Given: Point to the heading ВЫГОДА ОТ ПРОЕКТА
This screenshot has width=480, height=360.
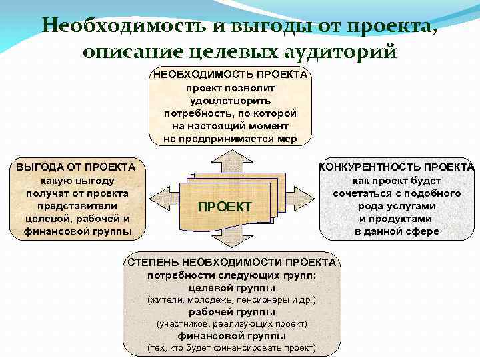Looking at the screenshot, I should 75,167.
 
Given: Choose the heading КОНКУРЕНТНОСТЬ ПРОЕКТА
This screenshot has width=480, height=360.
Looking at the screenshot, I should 397,167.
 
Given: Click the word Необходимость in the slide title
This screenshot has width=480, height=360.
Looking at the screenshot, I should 116,26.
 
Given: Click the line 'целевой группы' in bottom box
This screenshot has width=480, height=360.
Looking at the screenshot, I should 231,287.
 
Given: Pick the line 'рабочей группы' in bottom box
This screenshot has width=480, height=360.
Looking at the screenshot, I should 231,311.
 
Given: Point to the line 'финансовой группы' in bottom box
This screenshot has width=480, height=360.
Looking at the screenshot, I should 231,336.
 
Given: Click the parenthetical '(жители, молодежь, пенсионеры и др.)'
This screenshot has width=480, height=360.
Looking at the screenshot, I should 231,300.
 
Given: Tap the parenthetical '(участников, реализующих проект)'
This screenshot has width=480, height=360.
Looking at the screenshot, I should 231,324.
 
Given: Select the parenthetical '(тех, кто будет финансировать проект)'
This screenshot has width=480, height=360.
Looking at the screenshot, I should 231,348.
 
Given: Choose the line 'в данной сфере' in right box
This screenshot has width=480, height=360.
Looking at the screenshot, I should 397,231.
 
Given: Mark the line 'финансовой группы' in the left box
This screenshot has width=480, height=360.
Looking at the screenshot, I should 77,231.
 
